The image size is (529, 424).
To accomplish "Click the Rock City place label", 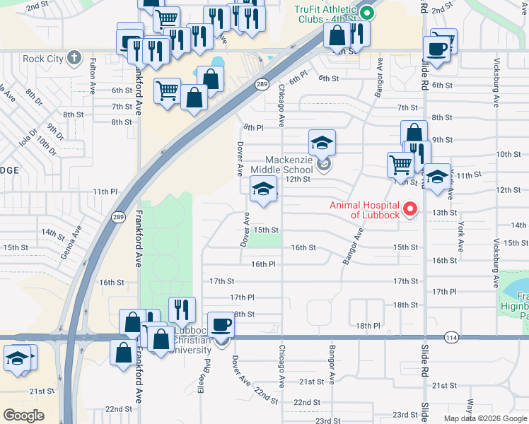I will pos(42,59).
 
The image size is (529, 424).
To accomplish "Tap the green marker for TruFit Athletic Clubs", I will pos(366,12).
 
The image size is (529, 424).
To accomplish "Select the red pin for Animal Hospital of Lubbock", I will pos(409,210).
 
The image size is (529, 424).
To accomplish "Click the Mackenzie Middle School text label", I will pos(288,165).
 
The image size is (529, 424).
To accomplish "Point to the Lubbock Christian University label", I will pos(191,340).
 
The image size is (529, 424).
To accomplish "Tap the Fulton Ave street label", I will pos(93,77).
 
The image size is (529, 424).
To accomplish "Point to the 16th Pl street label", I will pos(262,264).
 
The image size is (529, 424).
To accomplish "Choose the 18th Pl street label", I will pos(368,325).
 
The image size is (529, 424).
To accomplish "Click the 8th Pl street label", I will pos(253,127).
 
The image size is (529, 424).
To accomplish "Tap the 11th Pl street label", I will pos(105,192).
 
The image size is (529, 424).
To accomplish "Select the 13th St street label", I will pos(445,212).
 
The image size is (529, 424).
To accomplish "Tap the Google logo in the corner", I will pos(24,415).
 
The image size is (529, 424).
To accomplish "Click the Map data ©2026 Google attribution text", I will pos(485,418).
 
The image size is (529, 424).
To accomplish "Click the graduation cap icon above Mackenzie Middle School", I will pos(322,143).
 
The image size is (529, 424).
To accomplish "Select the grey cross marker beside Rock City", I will pos(74,59).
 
